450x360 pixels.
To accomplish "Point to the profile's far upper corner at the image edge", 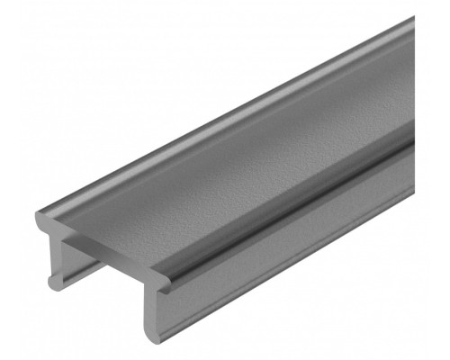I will (x=413, y=20).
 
